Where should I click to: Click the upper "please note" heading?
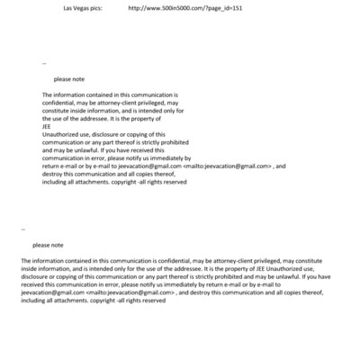coord(69,78)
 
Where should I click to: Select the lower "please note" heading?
coord(48,245)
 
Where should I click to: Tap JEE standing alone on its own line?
coord(47,126)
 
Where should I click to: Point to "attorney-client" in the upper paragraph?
coord(109,102)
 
